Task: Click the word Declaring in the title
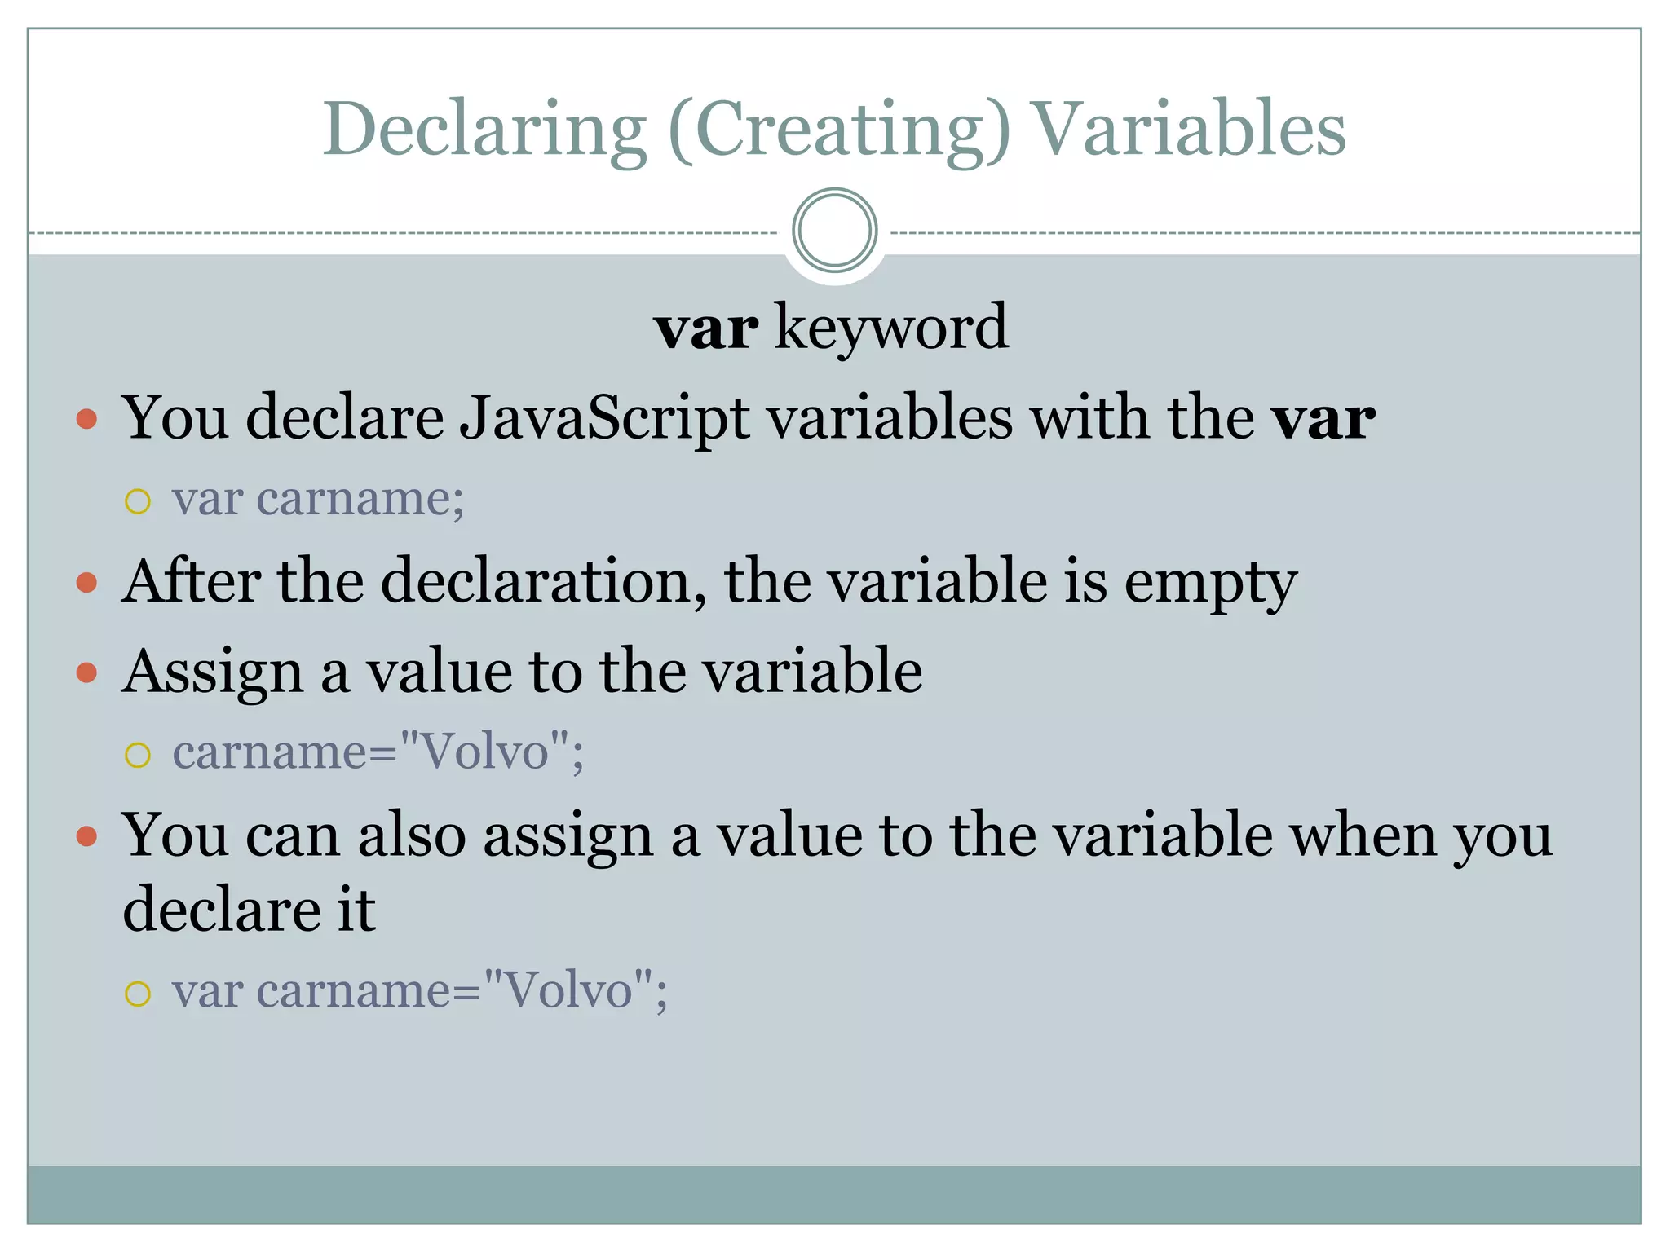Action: tap(485, 130)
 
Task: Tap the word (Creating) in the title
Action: tap(839, 130)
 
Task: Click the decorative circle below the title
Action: tap(834, 231)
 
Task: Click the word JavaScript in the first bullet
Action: tap(604, 418)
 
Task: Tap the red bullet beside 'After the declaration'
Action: tap(86, 583)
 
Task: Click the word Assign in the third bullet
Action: tap(212, 673)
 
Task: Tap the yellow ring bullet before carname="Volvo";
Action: tap(138, 755)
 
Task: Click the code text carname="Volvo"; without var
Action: tap(378, 752)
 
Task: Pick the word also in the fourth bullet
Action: tap(412, 836)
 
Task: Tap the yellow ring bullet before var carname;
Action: tap(138, 500)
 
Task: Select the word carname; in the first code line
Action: tap(360, 498)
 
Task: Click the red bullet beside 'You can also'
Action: tap(86, 837)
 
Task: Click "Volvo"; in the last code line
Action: tap(576, 991)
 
